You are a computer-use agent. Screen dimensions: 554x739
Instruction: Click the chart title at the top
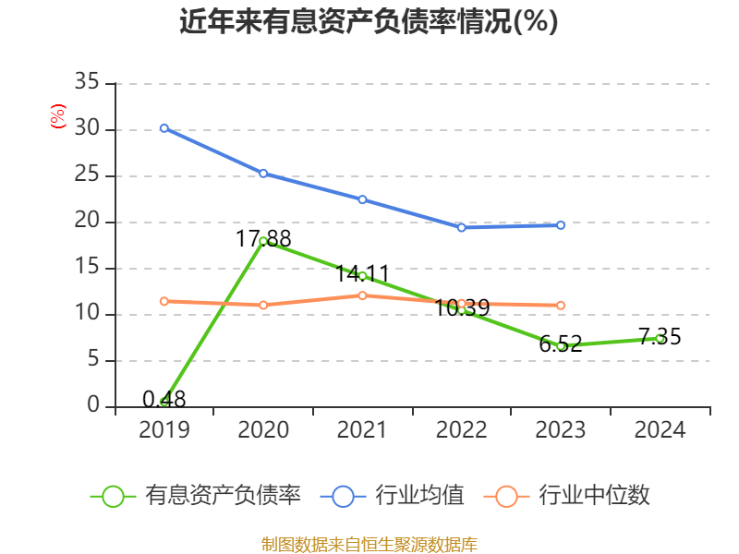pyautogui.click(x=369, y=21)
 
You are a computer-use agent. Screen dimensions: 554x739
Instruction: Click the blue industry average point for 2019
pyautogui.click(x=164, y=127)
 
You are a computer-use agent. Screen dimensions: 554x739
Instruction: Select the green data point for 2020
pyautogui.click(x=263, y=241)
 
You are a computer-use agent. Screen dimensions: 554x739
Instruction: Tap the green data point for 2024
pyautogui.click(x=660, y=338)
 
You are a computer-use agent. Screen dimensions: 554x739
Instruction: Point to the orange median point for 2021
pyautogui.click(x=362, y=295)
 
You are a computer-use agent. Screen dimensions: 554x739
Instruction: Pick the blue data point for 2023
pyautogui.click(x=561, y=224)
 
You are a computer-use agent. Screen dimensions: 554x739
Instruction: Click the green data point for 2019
pyautogui.click(x=164, y=402)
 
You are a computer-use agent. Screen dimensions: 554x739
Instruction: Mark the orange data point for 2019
pyautogui.click(x=164, y=301)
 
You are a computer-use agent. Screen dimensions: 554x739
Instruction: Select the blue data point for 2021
pyautogui.click(x=362, y=199)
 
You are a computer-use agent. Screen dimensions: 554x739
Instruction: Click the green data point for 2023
pyautogui.click(x=561, y=345)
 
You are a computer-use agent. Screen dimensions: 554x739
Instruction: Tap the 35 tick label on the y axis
pyautogui.click(x=87, y=83)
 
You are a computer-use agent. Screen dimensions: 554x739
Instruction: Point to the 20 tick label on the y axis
pyautogui.click(x=87, y=222)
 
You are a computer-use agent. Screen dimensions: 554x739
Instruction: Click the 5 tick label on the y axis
pyautogui.click(x=93, y=360)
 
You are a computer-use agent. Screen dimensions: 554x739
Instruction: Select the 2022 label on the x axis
pyautogui.click(x=461, y=430)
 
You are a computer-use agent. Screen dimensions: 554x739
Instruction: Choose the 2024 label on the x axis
pyautogui.click(x=660, y=430)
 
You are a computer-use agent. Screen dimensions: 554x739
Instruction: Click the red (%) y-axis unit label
pyautogui.click(x=58, y=116)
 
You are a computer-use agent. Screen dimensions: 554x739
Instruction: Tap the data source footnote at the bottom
pyautogui.click(x=369, y=544)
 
